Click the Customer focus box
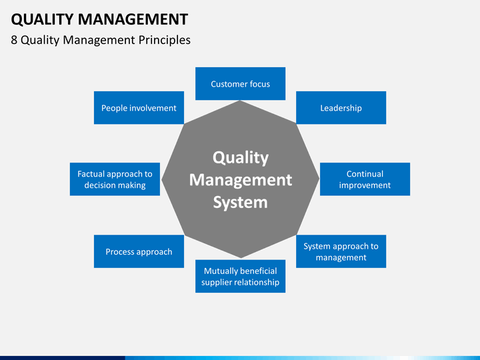coord(240,83)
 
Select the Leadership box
coord(341,108)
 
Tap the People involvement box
coord(139,108)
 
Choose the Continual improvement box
coord(365,179)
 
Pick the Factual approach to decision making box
coord(115,179)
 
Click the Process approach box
coord(139,251)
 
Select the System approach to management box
coord(341,251)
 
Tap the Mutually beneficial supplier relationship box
coord(240,276)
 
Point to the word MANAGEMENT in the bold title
coord(133,19)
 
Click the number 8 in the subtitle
coord(14,40)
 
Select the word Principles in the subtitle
coord(165,41)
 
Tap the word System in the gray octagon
coord(240,203)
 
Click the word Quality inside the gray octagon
coord(241,158)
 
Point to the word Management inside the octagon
coord(241,180)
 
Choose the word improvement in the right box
coord(365,185)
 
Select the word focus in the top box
coord(259,84)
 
